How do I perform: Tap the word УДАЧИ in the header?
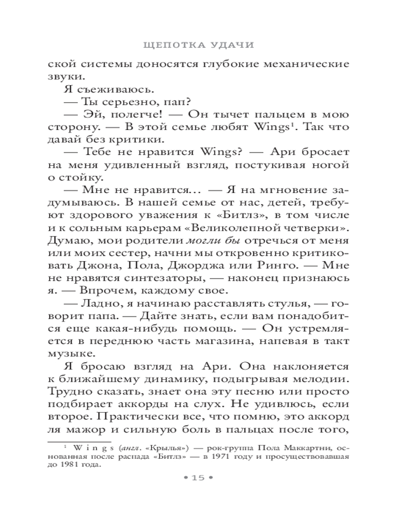click(233, 45)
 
